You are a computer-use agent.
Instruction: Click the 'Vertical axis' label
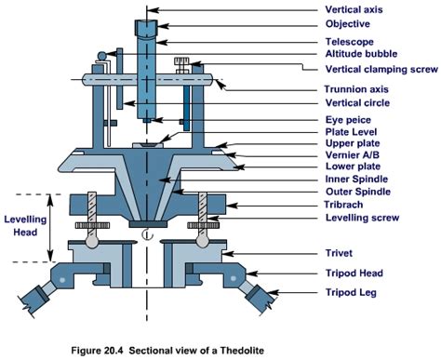coord(354,9)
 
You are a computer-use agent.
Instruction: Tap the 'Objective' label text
coord(347,24)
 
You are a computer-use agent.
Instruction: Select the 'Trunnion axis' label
coord(356,89)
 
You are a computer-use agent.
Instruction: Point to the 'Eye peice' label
coord(348,120)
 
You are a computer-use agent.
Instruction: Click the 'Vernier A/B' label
coord(353,154)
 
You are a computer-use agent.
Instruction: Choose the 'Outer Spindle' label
coord(358,192)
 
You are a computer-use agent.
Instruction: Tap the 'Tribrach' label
coord(343,205)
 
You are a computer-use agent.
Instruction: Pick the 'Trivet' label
coord(339,253)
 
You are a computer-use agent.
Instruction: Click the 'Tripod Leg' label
coord(351,292)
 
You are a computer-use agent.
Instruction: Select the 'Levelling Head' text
coord(25,226)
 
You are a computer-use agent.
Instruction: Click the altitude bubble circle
coord(102,56)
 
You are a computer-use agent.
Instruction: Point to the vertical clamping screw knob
coord(182,61)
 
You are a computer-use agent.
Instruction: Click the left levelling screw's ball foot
coord(92,241)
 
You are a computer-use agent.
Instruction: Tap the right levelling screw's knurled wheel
coord(203,225)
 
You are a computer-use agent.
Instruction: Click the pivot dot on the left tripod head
coord(62,280)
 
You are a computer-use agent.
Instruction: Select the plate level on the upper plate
coord(148,145)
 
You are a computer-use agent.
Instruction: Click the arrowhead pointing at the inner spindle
coord(164,180)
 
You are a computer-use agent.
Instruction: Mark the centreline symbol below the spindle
coord(148,234)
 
